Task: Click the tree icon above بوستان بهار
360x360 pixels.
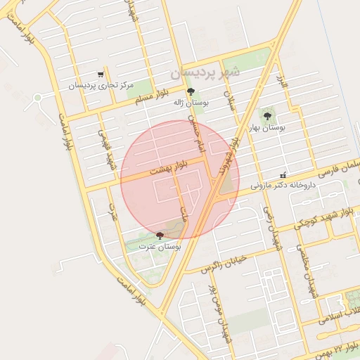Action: pyautogui.click(x=267, y=116)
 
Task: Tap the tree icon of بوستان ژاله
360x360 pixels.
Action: pyautogui.click(x=191, y=92)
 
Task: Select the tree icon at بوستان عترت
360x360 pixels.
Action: pyautogui.click(x=160, y=236)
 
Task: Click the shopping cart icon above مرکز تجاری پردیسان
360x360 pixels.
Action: pyautogui.click(x=101, y=75)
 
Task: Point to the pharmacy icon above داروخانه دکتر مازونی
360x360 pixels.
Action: pyautogui.click(x=283, y=175)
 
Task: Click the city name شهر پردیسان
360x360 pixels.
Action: pyautogui.click(x=205, y=72)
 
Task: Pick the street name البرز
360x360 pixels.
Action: pyautogui.click(x=283, y=81)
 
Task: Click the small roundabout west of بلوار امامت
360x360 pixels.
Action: pyautogui.click(x=38, y=98)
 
